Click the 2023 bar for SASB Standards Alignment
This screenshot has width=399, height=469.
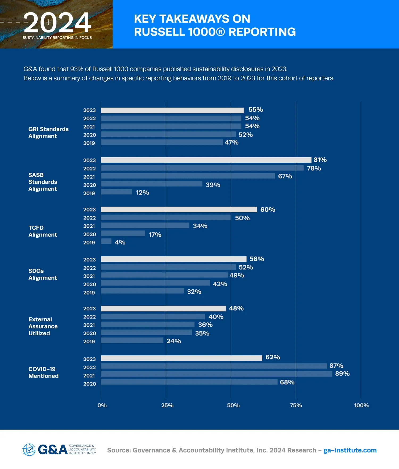click(x=206, y=160)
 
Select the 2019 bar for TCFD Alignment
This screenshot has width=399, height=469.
click(x=106, y=241)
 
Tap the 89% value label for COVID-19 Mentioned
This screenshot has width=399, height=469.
click(x=342, y=374)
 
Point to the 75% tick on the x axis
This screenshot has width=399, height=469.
click(x=296, y=405)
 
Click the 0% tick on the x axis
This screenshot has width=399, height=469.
click(x=102, y=405)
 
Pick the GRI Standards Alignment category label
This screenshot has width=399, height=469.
click(x=48, y=133)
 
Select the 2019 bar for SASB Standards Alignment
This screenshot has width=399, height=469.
click(x=117, y=192)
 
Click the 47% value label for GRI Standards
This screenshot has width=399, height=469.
click(x=231, y=142)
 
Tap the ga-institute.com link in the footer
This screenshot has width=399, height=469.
click(x=350, y=450)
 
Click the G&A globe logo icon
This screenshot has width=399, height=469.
click(x=29, y=450)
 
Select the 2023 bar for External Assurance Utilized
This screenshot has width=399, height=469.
click(x=163, y=309)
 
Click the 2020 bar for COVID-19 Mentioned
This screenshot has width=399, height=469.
click(x=189, y=382)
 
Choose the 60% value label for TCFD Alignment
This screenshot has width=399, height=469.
click(x=268, y=210)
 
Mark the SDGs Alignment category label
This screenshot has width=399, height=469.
click(x=43, y=274)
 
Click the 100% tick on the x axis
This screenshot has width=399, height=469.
click(x=361, y=405)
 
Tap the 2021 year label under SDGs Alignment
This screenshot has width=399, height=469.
click(x=89, y=276)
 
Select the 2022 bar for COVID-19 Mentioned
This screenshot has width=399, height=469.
click(x=214, y=366)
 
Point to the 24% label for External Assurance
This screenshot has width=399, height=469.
click(x=174, y=341)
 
